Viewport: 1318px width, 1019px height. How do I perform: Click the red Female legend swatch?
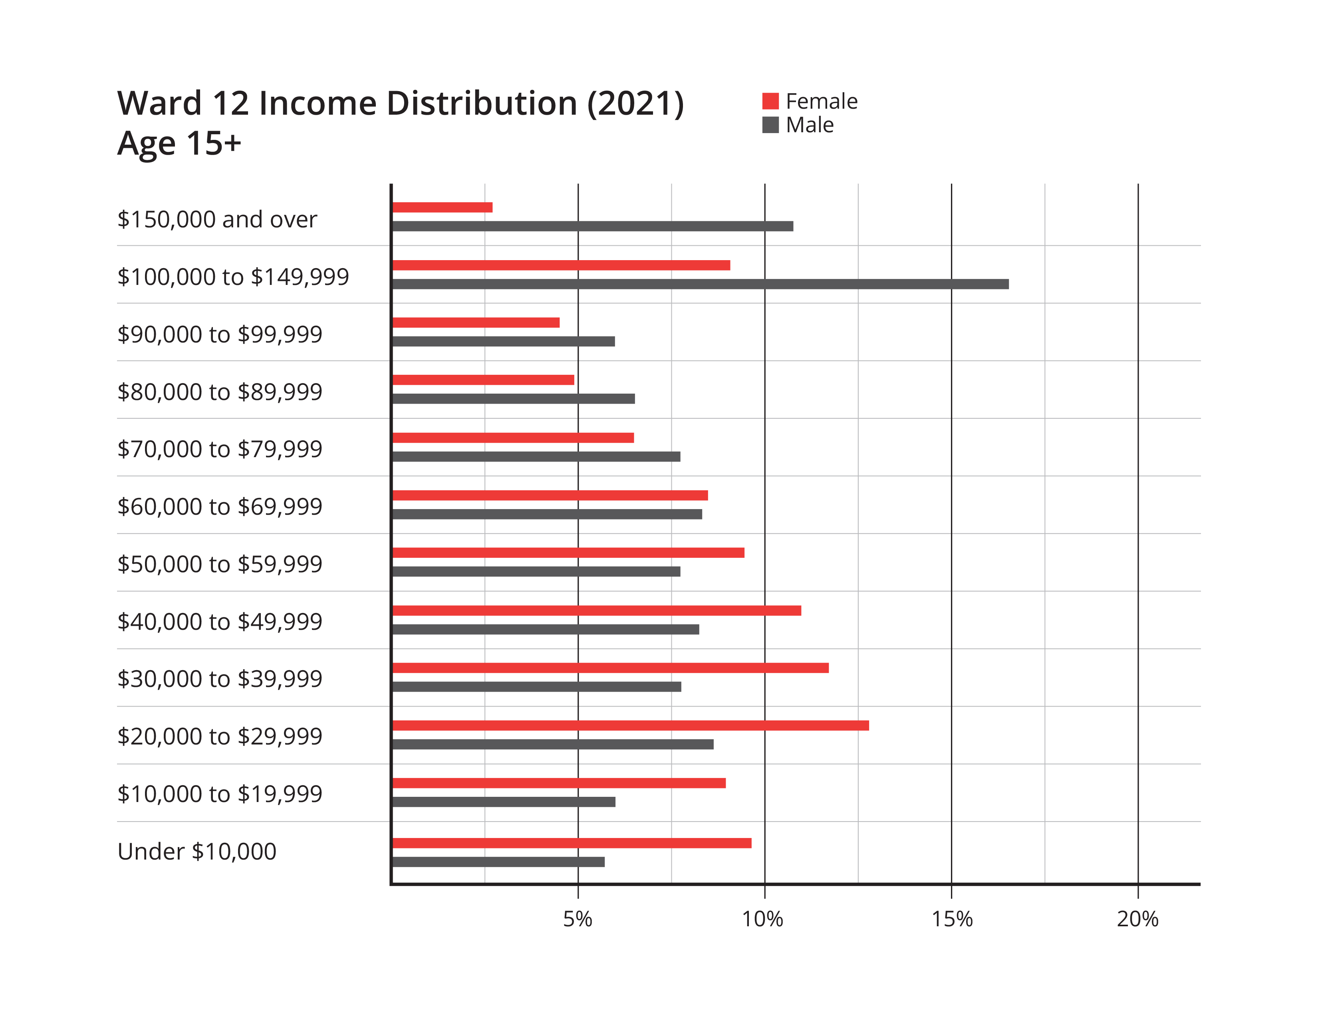[x=771, y=102]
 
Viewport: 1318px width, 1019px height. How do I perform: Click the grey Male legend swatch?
[x=771, y=125]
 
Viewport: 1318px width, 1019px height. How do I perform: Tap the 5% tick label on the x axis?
[x=578, y=919]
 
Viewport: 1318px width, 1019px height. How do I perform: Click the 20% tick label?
[x=1137, y=919]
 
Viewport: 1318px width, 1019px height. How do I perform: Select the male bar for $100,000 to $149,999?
[x=700, y=284]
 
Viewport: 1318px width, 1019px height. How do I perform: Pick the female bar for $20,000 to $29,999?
[x=631, y=726]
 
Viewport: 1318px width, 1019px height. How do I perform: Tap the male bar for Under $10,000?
[x=498, y=862]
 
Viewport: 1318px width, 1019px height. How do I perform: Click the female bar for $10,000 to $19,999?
[x=559, y=783]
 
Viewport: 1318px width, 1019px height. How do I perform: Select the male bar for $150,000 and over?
[x=593, y=226]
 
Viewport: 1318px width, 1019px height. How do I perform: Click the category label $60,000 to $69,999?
[x=220, y=506]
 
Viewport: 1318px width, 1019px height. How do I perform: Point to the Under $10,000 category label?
[x=197, y=851]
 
